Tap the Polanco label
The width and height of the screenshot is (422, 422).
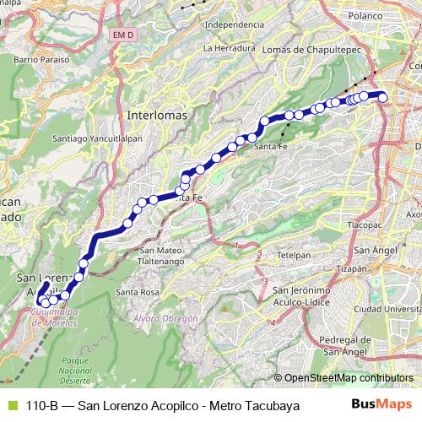366,16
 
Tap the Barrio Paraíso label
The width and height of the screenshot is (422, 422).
39,61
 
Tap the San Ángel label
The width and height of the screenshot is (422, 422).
371,250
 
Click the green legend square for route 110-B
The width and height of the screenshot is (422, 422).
9,406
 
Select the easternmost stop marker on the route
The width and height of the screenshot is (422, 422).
383,97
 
